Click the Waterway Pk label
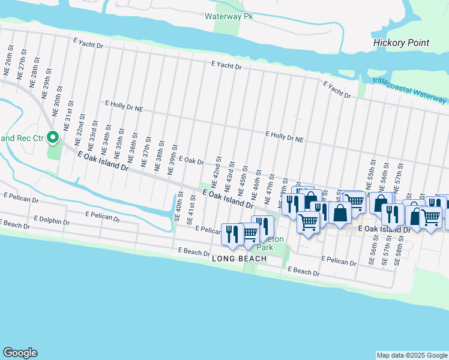(x=229, y=16)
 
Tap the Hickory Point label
(x=401, y=43)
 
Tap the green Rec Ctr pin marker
(x=53, y=139)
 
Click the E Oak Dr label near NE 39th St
(x=191, y=161)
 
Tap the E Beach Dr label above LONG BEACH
(x=193, y=250)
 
